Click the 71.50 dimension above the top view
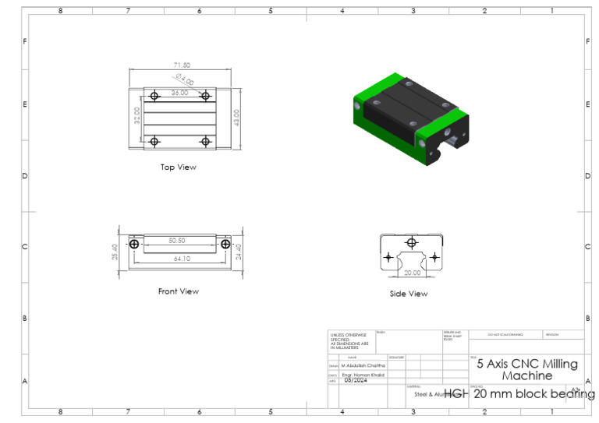tap(182, 65)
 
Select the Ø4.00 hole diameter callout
tap(185, 79)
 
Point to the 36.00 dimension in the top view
tap(180, 92)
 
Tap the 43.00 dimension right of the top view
tap(237, 117)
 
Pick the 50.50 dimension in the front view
tap(178, 241)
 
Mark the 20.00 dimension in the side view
tap(411, 273)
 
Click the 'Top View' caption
tap(179, 167)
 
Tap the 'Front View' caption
tap(179, 291)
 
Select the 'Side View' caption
tap(409, 294)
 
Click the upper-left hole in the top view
tap(154, 96)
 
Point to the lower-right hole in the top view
tap(206, 141)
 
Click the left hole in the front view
tap(135, 245)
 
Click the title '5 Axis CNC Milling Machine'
tap(527, 369)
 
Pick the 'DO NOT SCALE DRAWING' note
tap(505, 335)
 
